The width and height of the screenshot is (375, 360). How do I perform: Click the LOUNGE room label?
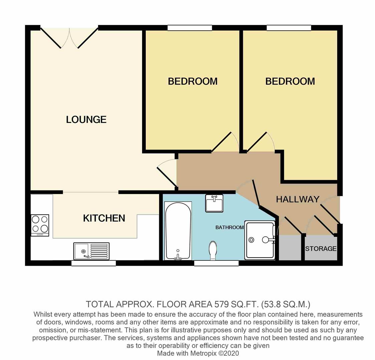click(x=86, y=119)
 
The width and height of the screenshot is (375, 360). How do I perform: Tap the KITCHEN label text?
click(x=104, y=218)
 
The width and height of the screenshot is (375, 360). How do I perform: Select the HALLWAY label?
click(x=298, y=199)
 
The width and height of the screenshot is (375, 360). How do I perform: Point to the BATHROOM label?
click(x=230, y=227)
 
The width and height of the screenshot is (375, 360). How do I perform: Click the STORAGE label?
click(x=321, y=249)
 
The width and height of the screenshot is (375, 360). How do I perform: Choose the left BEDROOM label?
click(x=193, y=81)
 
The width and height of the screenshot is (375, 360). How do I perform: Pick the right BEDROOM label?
click(x=290, y=81)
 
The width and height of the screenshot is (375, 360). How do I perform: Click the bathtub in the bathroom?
click(x=178, y=230)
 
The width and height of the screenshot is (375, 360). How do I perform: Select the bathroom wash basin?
click(x=214, y=203)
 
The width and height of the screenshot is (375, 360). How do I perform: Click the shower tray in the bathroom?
click(x=260, y=240)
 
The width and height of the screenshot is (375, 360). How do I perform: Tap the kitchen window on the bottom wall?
click(x=93, y=263)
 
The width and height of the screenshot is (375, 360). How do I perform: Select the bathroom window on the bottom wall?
click(x=216, y=263)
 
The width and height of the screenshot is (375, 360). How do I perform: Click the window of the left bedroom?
click(x=190, y=28)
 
